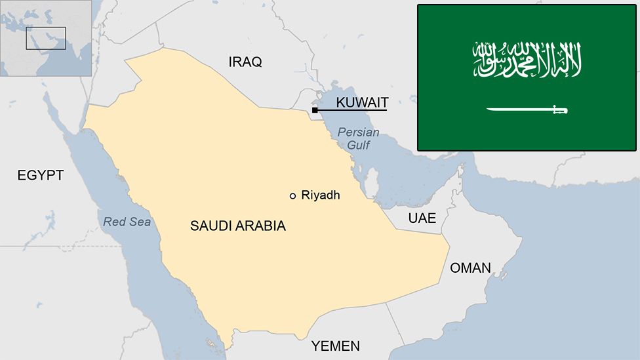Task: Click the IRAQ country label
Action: point(245,62)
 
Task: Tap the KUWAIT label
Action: point(362,102)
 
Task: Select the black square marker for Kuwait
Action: point(315,110)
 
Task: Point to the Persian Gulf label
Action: point(358,138)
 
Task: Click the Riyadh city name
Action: point(321,195)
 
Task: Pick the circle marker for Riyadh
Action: point(292,195)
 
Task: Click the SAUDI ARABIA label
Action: point(238,226)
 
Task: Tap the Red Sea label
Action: point(127,222)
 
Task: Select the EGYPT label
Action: point(41,175)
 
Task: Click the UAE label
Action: point(422,218)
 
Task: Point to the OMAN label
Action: point(470,268)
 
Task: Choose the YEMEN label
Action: point(335,346)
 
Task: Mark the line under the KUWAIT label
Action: point(354,110)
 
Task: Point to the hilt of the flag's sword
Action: point(559,110)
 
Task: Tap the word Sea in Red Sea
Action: point(140,222)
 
